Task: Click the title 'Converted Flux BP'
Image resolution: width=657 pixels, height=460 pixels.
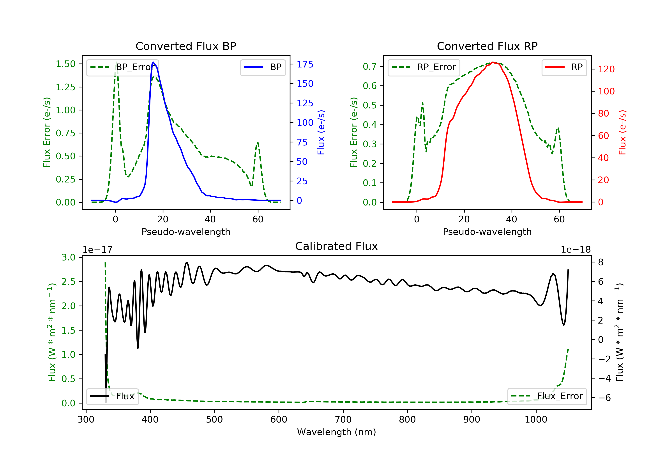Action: coord(186,46)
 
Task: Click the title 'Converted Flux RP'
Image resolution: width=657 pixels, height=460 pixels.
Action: coord(487,46)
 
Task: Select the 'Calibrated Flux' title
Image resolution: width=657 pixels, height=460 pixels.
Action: coord(337,246)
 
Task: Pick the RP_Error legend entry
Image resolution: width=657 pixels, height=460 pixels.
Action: coord(424,67)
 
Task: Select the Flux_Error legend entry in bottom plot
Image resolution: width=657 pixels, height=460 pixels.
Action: coord(547,396)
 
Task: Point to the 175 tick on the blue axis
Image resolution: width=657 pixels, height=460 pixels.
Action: coord(305,64)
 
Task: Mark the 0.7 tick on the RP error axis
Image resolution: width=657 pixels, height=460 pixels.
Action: coord(370,66)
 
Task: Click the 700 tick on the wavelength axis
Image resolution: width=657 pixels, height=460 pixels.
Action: coord(343,420)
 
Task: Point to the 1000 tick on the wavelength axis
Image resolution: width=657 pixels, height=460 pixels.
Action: coord(536,420)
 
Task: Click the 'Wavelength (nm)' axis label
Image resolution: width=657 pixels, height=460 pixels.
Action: coord(337,432)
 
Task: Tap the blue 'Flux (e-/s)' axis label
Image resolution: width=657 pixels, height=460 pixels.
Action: coord(321,133)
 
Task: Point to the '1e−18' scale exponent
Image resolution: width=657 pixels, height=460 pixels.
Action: coord(576,250)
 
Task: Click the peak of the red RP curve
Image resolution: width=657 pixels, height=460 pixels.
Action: coord(493,62)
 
